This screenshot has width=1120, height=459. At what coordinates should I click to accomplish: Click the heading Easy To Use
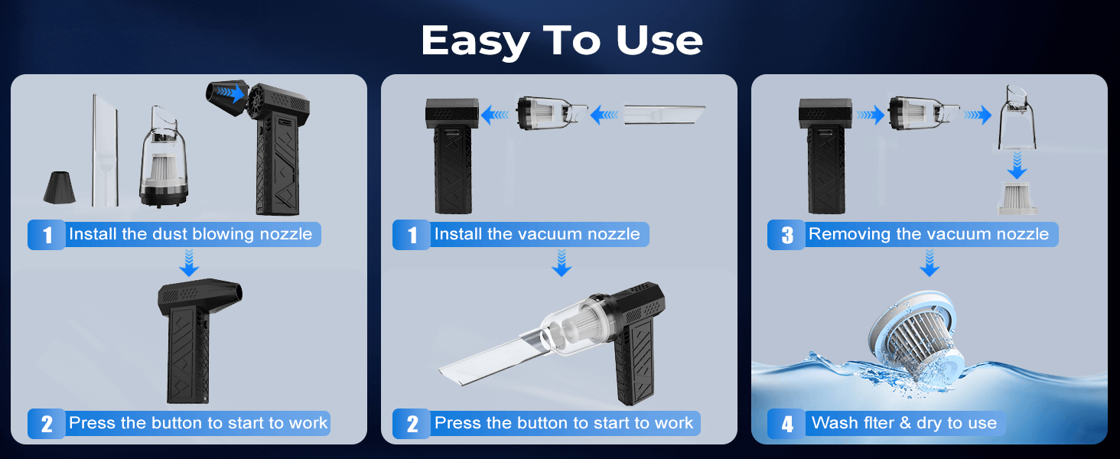pyautogui.click(x=561, y=40)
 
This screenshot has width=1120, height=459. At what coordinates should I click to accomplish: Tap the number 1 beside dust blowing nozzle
pyautogui.click(x=47, y=235)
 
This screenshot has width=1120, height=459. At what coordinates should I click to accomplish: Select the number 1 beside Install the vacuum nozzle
pyautogui.click(x=412, y=235)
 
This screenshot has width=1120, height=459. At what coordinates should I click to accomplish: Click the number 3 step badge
pyautogui.click(x=787, y=235)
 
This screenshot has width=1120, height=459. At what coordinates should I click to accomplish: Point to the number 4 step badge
pyautogui.click(x=787, y=424)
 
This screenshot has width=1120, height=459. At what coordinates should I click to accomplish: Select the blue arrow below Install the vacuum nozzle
pyautogui.click(x=562, y=264)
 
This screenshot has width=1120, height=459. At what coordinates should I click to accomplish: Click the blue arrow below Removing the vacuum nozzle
pyautogui.click(x=929, y=264)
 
